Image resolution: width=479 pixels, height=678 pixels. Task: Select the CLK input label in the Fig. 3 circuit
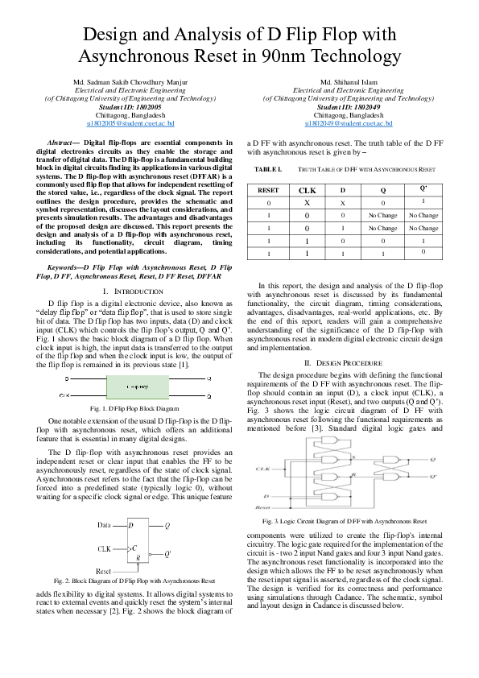(263, 468)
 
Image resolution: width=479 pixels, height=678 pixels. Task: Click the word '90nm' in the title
(290, 56)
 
